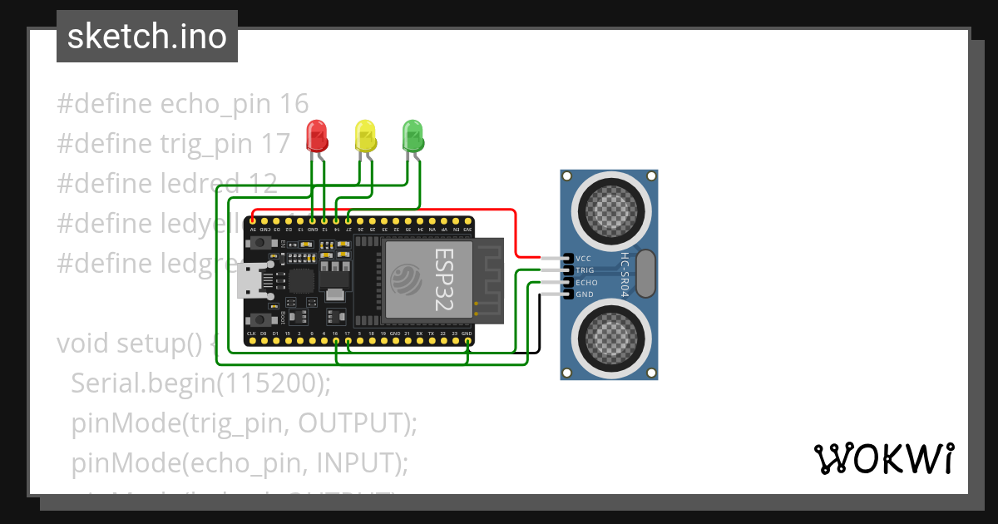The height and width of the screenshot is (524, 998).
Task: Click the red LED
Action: click(317, 134)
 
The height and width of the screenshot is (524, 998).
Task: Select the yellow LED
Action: click(365, 134)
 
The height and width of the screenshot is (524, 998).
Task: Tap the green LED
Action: click(413, 134)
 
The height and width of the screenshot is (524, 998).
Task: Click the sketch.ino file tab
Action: click(146, 37)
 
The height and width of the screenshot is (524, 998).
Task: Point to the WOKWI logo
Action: click(883, 458)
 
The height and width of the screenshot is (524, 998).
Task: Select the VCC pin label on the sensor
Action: click(584, 259)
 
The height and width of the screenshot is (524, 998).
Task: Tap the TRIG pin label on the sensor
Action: click(585, 270)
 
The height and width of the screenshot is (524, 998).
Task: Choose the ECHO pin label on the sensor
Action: click(586, 283)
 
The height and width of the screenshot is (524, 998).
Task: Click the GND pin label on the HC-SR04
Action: click(585, 294)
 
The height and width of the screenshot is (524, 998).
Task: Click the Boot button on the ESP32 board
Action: click(264, 319)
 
